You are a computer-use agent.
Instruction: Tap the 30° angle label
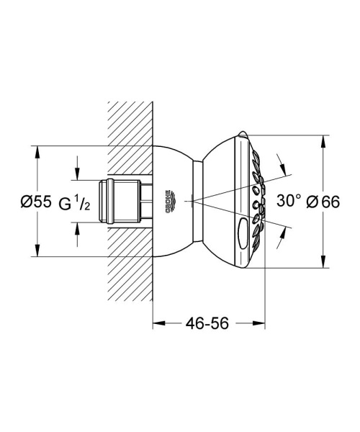click(288, 201)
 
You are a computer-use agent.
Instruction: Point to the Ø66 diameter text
click(323, 202)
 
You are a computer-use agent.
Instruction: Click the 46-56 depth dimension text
click(207, 324)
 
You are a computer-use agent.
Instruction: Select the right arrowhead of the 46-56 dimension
click(261, 324)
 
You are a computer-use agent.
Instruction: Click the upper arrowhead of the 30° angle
click(290, 172)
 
